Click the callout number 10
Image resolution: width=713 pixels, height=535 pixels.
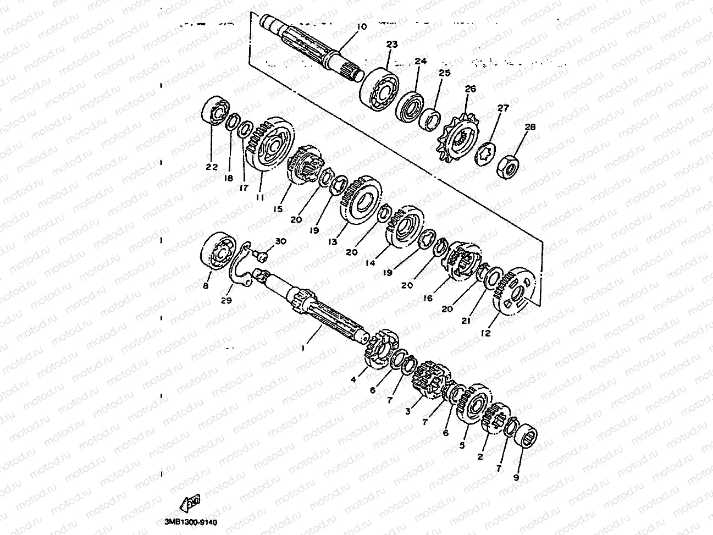(360, 26)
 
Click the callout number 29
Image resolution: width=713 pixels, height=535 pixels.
(226, 300)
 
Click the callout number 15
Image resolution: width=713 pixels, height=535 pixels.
(278, 209)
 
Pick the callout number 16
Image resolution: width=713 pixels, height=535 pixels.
(428, 299)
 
